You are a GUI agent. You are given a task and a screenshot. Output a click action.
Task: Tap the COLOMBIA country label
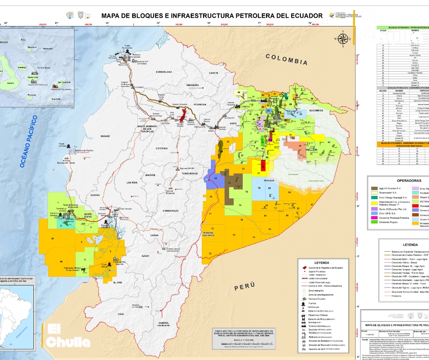pos(287,59)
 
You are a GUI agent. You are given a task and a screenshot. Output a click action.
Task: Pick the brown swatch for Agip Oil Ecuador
pos(374,188)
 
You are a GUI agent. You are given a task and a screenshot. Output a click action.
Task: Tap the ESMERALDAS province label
pos(163,72)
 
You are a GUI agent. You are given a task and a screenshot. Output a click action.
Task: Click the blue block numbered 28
pos(215,178)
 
